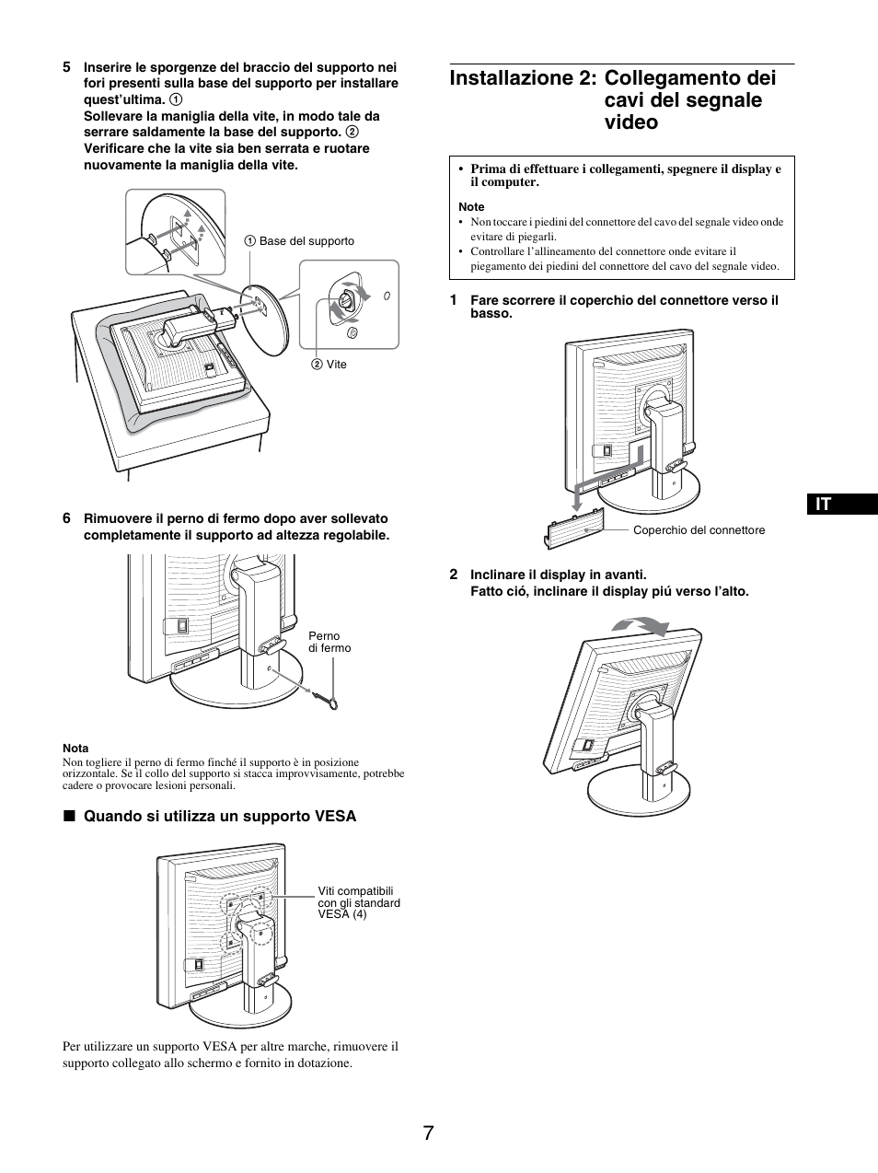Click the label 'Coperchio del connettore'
click(699, 530)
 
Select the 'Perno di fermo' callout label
click(329, 642)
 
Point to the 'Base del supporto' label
click(306, 241)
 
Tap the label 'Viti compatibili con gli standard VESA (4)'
click(359, 902)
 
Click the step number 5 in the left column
click(66, 67)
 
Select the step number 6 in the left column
click(66, 518)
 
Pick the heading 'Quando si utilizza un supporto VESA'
click(219, 816)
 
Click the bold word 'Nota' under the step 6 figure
click(75, 749)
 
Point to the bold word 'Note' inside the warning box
click(471, 207)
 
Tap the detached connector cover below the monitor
click(575, 529)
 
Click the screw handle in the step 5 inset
click(346, 300)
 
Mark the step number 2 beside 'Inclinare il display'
click(454, 575)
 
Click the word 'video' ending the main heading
click(631, 122)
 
